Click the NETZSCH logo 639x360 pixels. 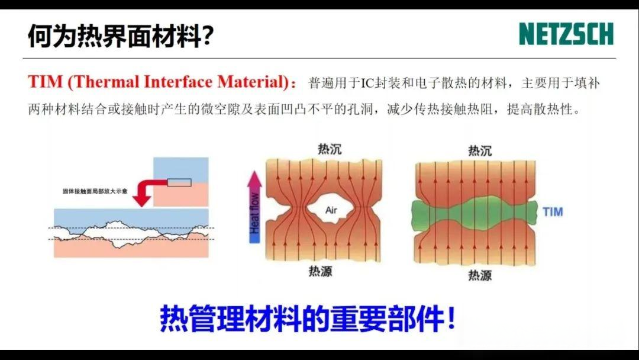tap(566, 34)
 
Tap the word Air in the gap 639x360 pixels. tap(331, 210)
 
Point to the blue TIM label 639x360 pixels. tap(552, 211)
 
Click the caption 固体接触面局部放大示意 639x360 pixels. tap(95, 192)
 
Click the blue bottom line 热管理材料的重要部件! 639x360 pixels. tap(308, 319)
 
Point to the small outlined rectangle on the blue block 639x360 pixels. tap(179, 182)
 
